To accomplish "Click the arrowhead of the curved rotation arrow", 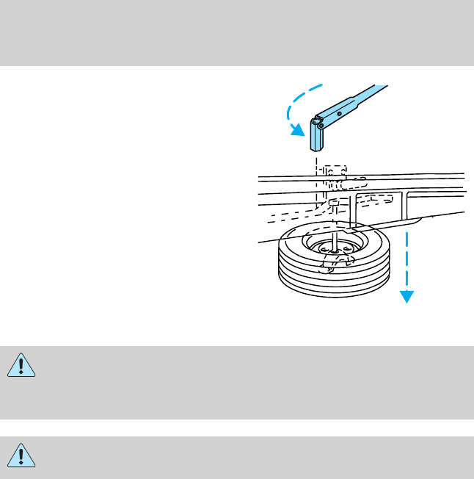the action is [x=296, y=131].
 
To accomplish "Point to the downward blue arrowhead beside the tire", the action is [x=406, y=296].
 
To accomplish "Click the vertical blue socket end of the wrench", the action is [x=317, y=135].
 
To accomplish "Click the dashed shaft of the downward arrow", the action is [x=406, y=257].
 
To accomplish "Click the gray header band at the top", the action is [x=237, y=33].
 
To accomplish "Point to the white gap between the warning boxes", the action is [x=237, y=428].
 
